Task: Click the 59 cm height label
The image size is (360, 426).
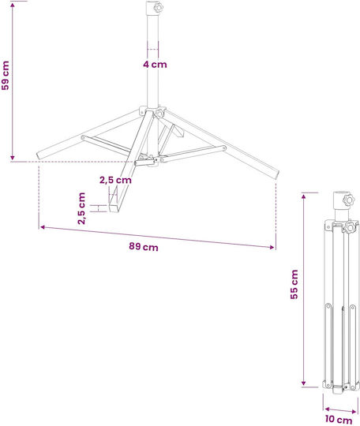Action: click(x=6, y=75)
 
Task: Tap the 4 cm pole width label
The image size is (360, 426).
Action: click(x=155, y=65)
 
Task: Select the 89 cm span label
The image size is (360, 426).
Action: click(x=144, y=247)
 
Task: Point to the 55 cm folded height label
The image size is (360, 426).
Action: click(x=294, y=285)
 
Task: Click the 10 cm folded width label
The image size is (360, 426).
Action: click(x=339, y=419)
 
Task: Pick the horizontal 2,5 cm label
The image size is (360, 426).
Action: click(x=115, y=180)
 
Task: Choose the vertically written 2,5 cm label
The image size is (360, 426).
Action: click(x=81, y=208)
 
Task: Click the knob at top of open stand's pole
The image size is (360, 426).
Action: click(x=158, y=7)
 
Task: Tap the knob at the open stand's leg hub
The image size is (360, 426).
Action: click(x=160, y=113)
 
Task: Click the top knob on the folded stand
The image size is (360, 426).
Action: click(x=349, y=200)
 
